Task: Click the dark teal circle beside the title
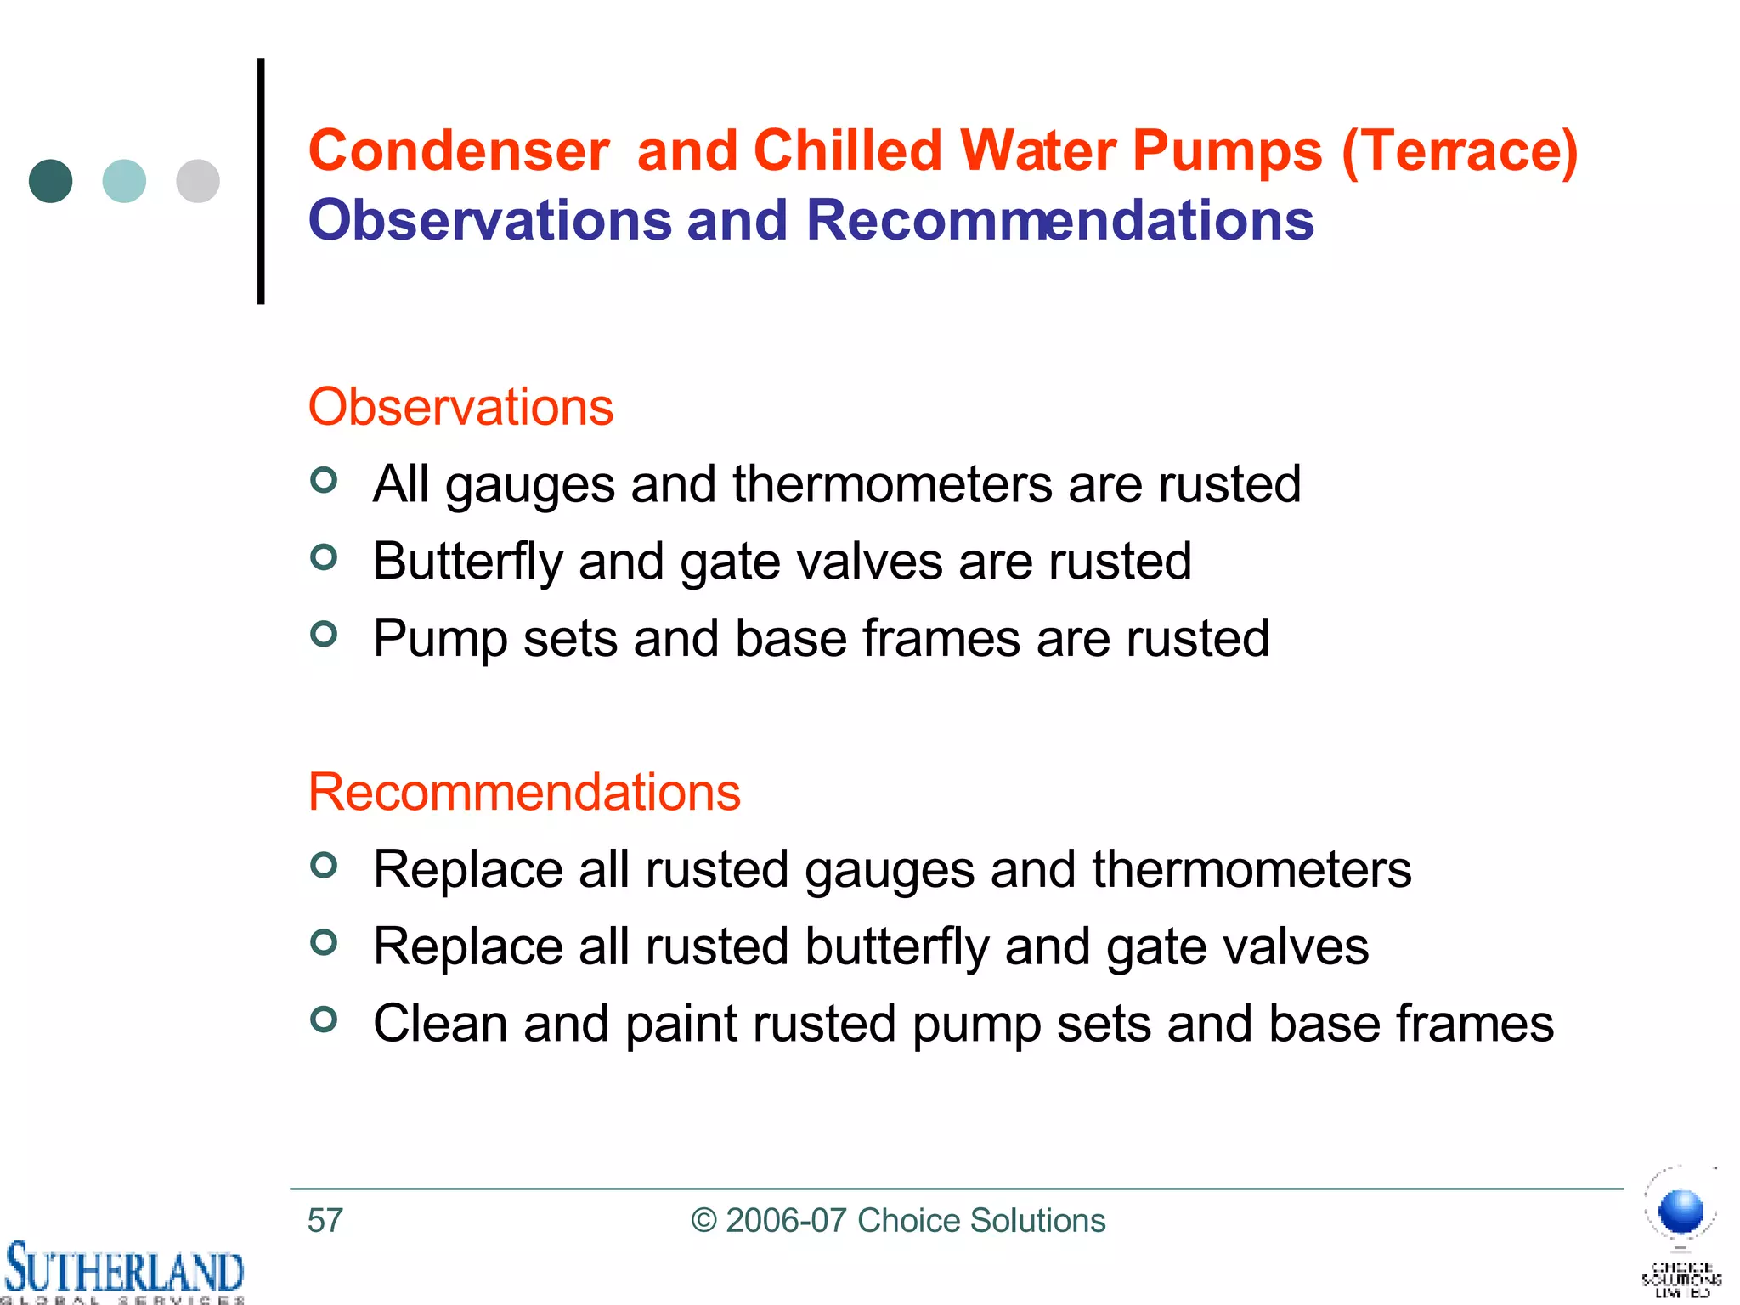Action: tap(51, 181)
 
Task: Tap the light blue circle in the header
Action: tap(124, 181)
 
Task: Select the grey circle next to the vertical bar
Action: tap(198, 181)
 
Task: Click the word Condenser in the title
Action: tap(459, 151)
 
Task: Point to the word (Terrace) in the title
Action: tap(1460, 151)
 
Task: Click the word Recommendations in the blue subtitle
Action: tap(1059, 221)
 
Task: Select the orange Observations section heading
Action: tap(460, 407)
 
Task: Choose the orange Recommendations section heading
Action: tap(524, 792)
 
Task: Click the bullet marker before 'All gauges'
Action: tap(324, 481)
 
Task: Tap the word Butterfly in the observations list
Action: tap(467, 562)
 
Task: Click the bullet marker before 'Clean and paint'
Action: tap(324, 1019)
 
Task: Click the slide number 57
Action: tap(325, 1221)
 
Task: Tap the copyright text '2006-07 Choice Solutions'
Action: tap(915, 1221)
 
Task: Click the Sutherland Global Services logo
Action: tap(123, 1272)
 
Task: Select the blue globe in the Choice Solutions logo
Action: tap(1681, 1212)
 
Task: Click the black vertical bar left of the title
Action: tap(261, 181)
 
